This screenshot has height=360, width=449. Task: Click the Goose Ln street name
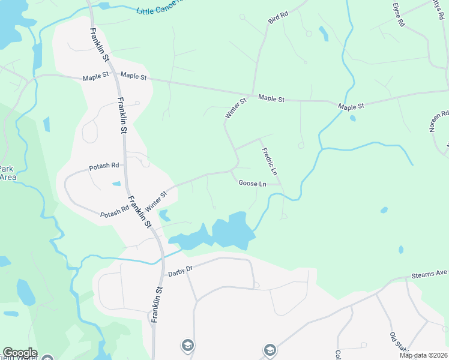(252, 184)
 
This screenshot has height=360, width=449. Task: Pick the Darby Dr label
(179, 271)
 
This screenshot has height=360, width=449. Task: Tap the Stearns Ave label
(430, 275)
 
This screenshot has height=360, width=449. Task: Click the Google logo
(20, 353)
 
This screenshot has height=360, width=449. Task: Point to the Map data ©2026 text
(423, 355)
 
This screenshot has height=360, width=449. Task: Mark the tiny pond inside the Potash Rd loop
(116, 184)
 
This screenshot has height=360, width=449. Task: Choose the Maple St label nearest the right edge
(351, 106)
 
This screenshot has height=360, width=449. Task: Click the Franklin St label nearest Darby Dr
(157, 305)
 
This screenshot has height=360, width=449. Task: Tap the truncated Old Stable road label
(398, 341)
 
